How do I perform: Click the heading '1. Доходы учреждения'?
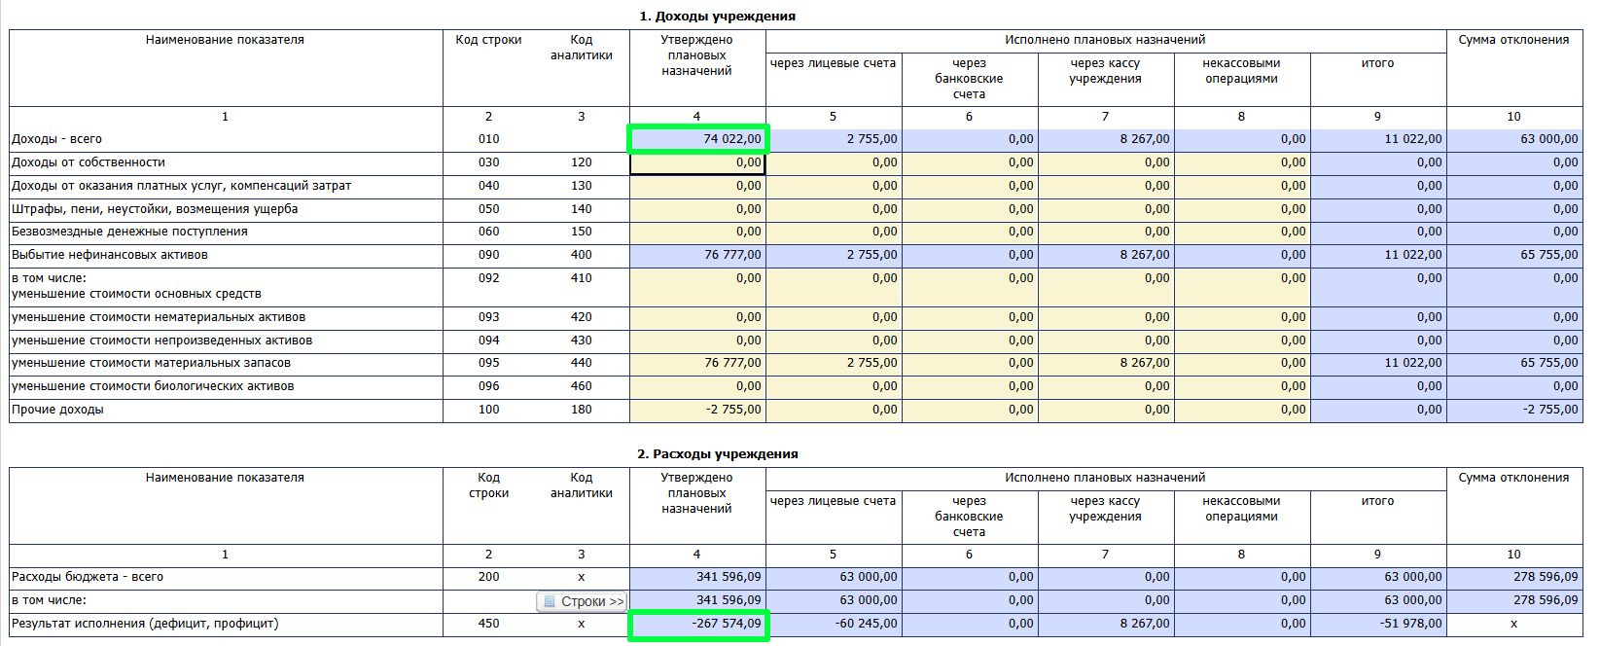click(717, 17)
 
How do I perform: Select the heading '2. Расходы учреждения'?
click(717, 454)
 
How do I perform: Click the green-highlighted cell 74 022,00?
click(698, 139)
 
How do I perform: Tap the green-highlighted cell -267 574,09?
click(698, 624)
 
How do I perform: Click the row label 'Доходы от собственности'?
click(89, 162)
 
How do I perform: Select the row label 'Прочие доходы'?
click(57, 410)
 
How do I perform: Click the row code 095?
click(488, 363)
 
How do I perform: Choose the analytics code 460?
click(581, 386)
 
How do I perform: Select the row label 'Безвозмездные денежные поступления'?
click(129, 232)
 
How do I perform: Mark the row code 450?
click(488, 624)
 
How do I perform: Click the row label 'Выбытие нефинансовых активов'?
click(110, 255)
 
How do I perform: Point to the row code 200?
click(488, 577)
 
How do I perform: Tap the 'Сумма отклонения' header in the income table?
click(1513, 40)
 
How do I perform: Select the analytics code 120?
click(581, 162)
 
